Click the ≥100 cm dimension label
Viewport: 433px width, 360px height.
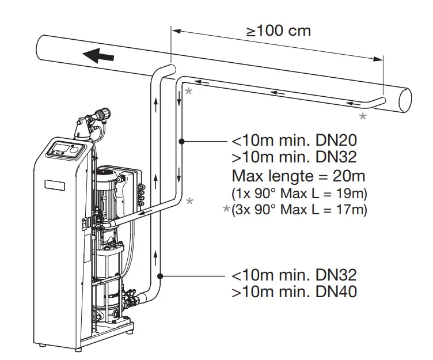(279, 31)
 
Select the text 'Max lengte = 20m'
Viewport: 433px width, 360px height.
(298, 175)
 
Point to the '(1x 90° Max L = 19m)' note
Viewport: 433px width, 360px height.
(298, 192)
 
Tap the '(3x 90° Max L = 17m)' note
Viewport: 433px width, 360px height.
(298, 209)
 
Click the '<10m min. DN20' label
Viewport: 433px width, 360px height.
(294, 141)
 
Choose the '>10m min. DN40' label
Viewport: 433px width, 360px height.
(294, 291)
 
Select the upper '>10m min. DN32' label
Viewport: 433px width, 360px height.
(294, 157)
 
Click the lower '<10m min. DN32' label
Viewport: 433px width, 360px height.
(294, 275)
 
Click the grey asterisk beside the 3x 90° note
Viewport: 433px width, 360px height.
(226, 210)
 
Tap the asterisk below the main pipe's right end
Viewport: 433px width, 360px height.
(363, 117)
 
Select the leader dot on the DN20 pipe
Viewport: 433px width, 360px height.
(181, 141)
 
